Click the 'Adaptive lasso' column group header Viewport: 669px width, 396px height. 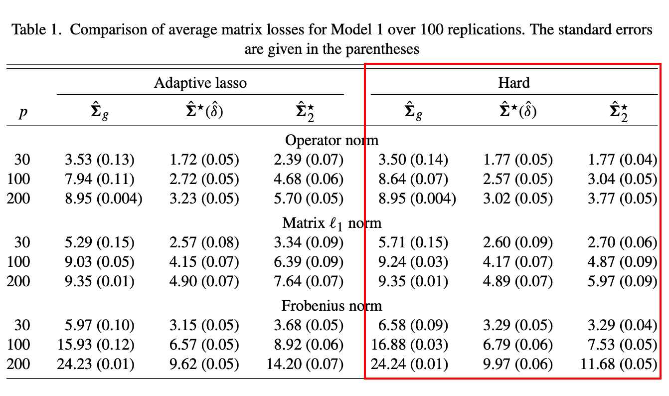[x=200, y=82]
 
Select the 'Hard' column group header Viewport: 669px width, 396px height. [x=513, y=82]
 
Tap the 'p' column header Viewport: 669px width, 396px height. [x=23, y=113]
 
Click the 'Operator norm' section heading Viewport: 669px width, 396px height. [x=332, y=140]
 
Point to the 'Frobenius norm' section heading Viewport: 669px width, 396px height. [x=332, y=305]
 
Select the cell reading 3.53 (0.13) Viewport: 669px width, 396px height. [x=100, y=160]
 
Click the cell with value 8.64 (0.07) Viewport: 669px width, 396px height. [x=413, y=179]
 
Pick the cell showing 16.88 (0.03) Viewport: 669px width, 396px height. [x=410, y=345]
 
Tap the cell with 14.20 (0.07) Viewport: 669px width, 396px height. [x=305, y=364]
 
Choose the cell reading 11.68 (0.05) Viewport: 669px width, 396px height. [x=619, y=364]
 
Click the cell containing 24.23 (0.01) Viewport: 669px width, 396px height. [x=96, y=364]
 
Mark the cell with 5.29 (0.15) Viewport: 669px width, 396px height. [x=100, y=242]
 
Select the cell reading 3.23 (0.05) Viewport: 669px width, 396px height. [x=204, y=198]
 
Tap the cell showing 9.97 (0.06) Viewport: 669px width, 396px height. [x=518, y=364]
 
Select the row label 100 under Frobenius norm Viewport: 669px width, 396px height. [x=19, y=345]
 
